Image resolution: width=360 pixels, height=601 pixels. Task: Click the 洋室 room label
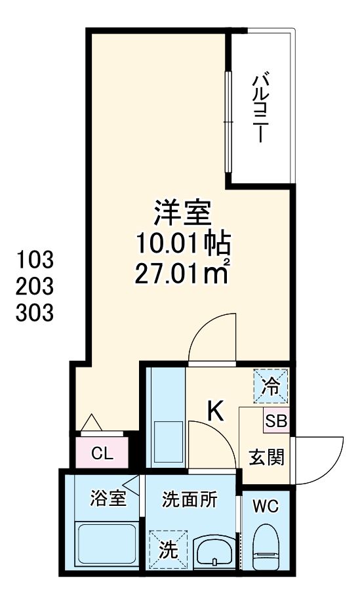point(182,213)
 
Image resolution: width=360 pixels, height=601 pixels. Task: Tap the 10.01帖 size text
point(183,244)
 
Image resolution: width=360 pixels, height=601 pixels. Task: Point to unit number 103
point(35,260)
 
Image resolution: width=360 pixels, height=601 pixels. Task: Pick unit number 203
point(35,286)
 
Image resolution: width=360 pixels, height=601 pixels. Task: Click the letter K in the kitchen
point(216,411)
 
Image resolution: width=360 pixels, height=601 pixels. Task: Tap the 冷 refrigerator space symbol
point(270,386)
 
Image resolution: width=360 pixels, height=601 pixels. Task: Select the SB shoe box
point(276,421)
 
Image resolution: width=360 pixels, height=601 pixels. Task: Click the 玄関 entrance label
point(266,457)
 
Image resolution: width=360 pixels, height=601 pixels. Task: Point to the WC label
point(266,507)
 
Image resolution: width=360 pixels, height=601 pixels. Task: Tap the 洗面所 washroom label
point(190,499)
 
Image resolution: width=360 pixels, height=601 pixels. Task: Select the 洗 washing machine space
point(169,549)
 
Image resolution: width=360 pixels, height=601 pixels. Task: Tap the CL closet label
point(102,454)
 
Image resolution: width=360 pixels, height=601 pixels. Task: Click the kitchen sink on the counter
point(168,442)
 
